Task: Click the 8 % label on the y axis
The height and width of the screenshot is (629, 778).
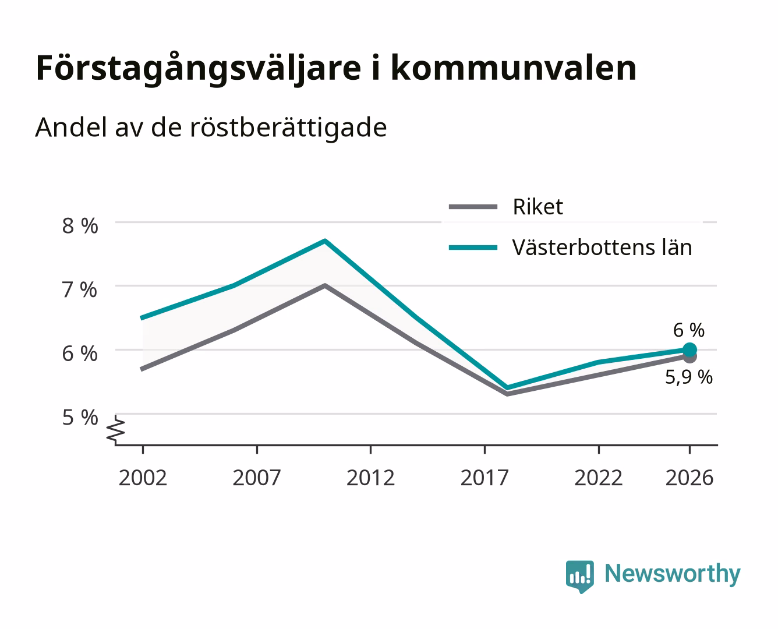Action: pos(80,226)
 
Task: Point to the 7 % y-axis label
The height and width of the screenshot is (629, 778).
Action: pos(80,290)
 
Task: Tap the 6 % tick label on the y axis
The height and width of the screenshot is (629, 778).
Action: pos(80,354)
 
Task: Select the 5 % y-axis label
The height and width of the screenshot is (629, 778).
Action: pos(80,417)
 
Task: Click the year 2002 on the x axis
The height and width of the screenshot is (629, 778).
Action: pos(143,478)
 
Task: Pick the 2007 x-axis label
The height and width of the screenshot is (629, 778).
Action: pos(257,478)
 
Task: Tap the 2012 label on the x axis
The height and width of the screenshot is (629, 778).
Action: pos(371,478)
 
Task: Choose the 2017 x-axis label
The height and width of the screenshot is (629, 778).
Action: pos(485,478)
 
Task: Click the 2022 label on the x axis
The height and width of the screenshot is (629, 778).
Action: pos(599,478)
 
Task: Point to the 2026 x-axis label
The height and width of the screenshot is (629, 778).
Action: pos(689,478)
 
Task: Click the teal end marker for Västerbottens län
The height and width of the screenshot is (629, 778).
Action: pos(689,349)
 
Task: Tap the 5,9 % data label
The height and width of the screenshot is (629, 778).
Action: pos(689,377)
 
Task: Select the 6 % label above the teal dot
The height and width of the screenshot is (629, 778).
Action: pos(689,330)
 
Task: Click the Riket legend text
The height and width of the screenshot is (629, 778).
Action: pos(538,207)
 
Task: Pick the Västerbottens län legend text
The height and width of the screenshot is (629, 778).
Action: pos(602,248)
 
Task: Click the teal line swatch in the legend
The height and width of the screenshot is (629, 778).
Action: pos(473,248)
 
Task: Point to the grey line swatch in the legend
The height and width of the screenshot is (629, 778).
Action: pos(473,207)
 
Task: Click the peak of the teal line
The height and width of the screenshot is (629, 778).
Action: pos(325,241)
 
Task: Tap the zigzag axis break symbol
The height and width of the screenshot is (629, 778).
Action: pos(116,429)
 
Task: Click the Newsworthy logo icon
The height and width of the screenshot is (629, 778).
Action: pos(579,577)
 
